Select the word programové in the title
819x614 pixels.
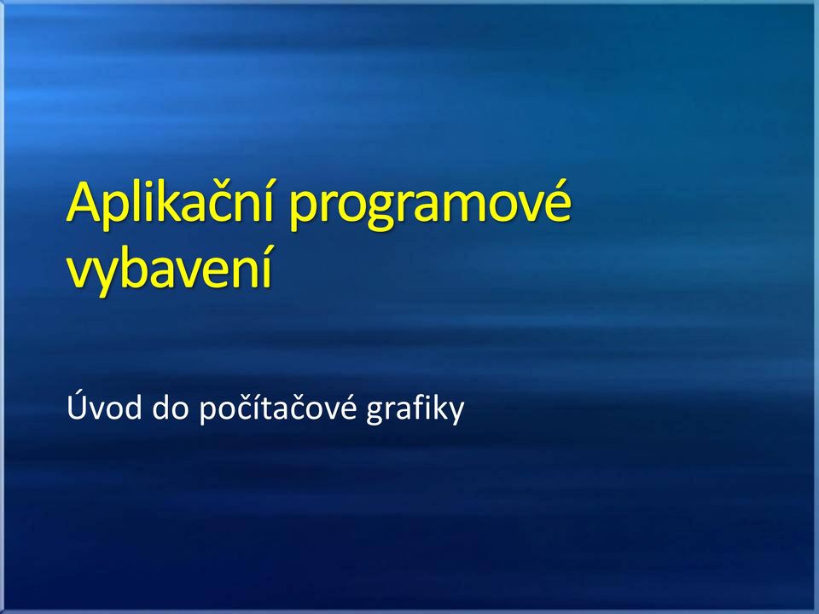[x=430, y=204]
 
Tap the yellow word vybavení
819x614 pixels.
[x=170, y=268]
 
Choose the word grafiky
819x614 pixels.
[x=415, y=408]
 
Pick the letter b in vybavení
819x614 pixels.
[x=140, y=265]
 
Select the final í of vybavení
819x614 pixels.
[x=266, y=264]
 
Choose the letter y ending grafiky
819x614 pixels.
[x=456, y=413]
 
